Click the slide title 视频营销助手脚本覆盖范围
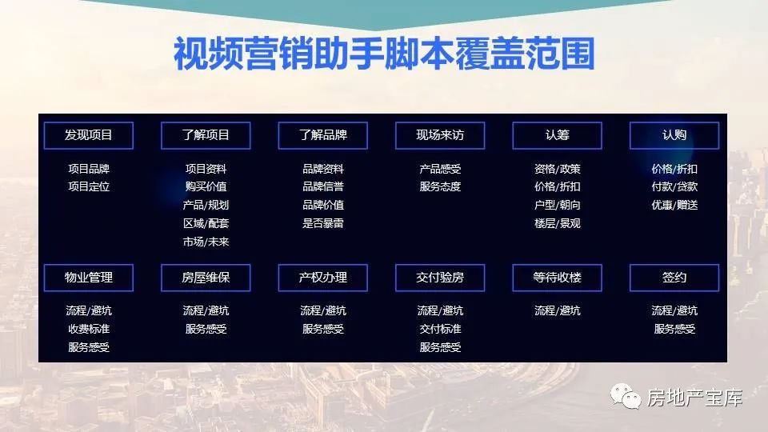pyautogui.click(x=384, y=53)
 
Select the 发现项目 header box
pyautogui.click(x=89, y=135)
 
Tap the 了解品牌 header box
pyautogui.click(x=322, y=135)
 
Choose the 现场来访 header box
pyautogui.click(x=440, y=135)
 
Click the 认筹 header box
pyautogui.click(x=557, y=135)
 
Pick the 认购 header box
pyautogui.click(x=674, y=135)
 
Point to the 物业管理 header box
pyautogui.click(x=89, y=278)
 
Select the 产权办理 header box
pyautogui.click(x=322, y=278)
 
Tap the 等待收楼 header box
pyautogui.click(x=557, y=278)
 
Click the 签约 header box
pyautogui.click(x=674, y=278)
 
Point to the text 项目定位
pyautogui.click(x=89, y=186)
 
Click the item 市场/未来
pyautogui.click(x=206, y=242)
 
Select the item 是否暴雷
pyautogui.click(x=322, y=223)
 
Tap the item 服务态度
pyautogui.click(x=440, y=186)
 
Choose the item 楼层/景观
pyautogui.click(x=557, y=223)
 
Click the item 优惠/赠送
pyautogui.click(x=674, y=205)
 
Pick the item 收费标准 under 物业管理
pyautogui.click(x=89, y=329)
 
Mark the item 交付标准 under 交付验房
pyautogui.click(x=440, y=329)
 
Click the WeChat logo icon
pyautogui.click(x=625, y=396)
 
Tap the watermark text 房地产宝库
pyautogui.click(x=694, y=398)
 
